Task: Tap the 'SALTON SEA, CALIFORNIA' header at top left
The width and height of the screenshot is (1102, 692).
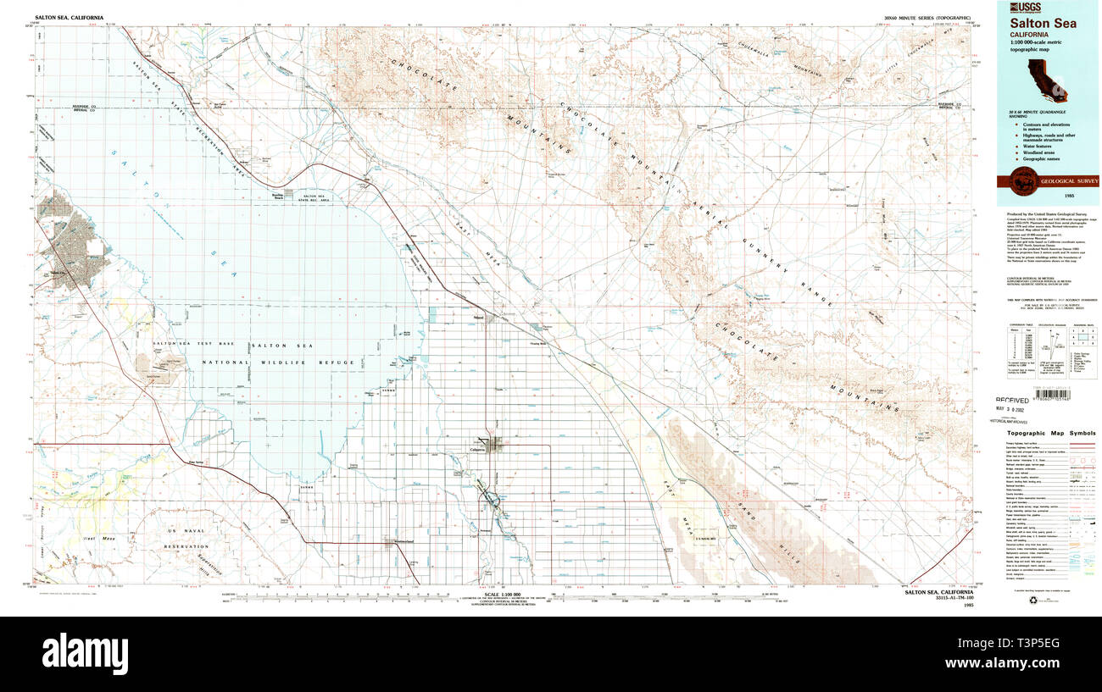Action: (x=69, y=17)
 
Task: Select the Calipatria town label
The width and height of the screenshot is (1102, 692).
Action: (x=484, y=450)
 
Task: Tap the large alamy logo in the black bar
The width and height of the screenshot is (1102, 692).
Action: (x=86, y=653)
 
